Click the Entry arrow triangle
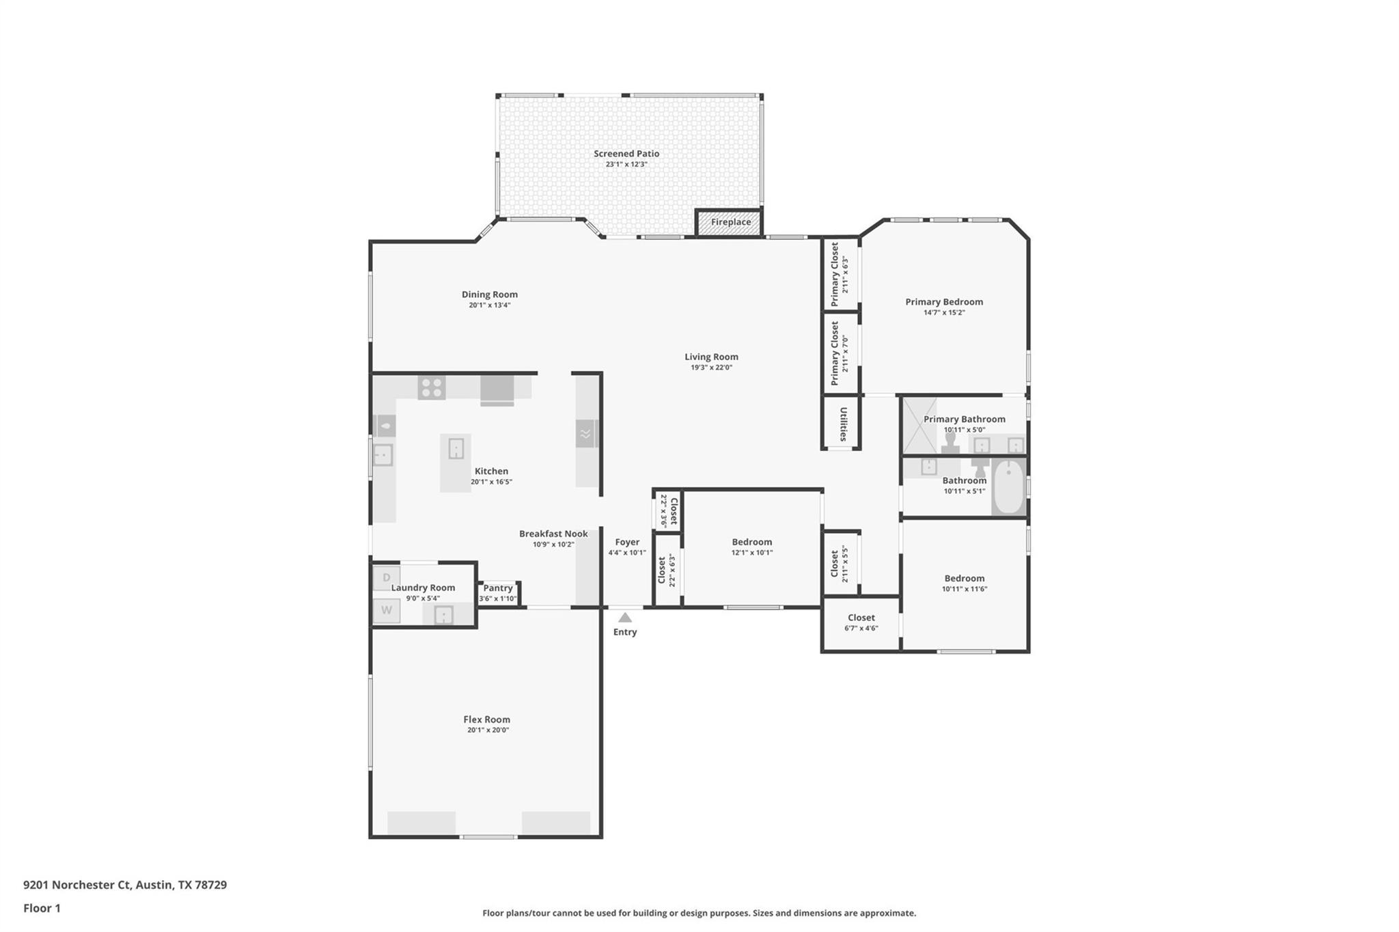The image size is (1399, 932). [625, 618]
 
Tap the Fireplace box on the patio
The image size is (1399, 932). [730, 223]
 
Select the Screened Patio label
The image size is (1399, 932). [626, 154]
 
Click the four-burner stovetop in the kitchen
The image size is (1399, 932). [432, 387]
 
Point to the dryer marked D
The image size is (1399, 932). [387, 578]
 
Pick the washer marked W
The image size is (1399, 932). [387, 610]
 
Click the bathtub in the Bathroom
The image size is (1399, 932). [1008, 486]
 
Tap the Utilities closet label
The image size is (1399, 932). [843, 424]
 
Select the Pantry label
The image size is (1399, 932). [498, 588]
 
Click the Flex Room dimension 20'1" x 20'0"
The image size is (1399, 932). [488, 730]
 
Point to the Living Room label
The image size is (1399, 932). [711, 357]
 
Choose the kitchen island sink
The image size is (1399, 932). [456, 449]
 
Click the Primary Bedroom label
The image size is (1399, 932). [944, 302]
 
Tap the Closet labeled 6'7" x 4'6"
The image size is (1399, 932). [861, 622]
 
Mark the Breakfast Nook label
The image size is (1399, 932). [553, 534]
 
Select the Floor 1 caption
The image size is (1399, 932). [42, 908]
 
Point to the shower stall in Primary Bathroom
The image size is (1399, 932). [920, 426]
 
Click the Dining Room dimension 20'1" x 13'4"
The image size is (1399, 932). [489, 305]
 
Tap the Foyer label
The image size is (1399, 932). [627, 542]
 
